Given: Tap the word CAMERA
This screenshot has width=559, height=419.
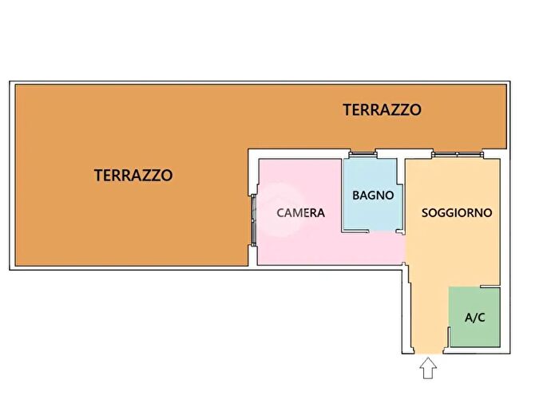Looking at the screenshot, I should pos(300,213).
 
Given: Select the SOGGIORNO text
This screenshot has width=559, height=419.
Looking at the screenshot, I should pos(457,213).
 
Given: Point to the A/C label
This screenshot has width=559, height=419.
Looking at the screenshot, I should pos(474,317).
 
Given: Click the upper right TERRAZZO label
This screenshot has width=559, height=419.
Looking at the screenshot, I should pos(382,110).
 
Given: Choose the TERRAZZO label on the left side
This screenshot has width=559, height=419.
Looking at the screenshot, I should pos(133,176).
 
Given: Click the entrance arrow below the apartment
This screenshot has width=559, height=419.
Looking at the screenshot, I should pos(429,368).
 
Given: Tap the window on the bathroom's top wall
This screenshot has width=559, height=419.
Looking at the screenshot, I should pos(362,152).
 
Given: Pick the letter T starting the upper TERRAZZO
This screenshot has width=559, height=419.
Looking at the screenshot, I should pos(347,110).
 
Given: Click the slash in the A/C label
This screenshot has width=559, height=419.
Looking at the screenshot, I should pos(474,317).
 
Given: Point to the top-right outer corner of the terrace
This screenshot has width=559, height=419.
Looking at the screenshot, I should pos(509,82).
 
